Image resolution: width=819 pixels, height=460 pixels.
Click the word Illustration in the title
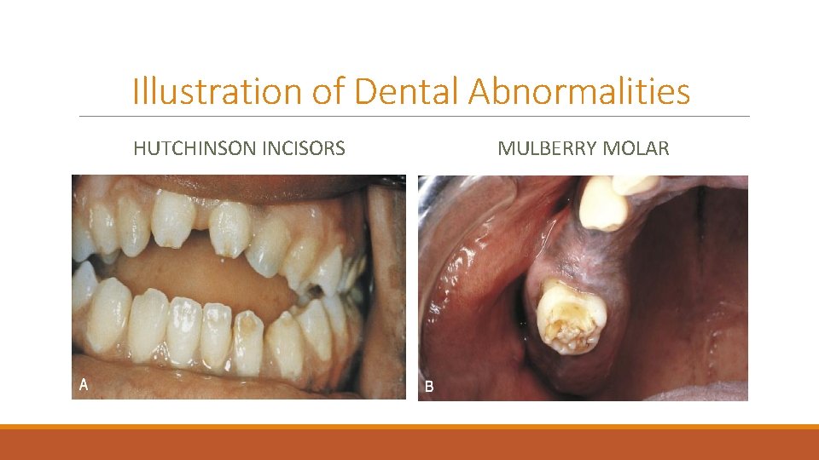tap(217, 91)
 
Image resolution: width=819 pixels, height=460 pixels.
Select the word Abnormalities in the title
tap(578, 91)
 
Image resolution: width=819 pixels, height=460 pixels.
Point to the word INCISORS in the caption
tap(302, 149)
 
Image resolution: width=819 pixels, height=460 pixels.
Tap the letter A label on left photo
tap(84, 384)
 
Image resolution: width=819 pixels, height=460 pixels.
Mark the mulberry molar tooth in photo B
tap(569, 318)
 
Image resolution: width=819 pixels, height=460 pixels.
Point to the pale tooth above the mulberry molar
tap(603, 205)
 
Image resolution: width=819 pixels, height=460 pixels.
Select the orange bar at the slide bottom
tap(409, 442)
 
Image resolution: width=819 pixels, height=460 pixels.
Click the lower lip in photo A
tap(213, 385)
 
